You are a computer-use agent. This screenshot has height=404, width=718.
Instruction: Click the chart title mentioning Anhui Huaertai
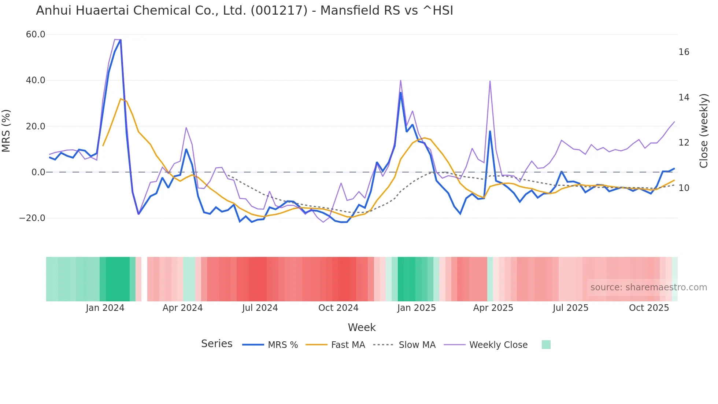click(x=244, y=11)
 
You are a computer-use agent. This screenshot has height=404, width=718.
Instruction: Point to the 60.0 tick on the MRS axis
click(x=36, y=34)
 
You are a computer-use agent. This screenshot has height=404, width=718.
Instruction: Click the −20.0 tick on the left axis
click(x=32, y=218)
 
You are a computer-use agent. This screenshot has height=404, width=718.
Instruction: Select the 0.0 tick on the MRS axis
click(x=38, y=172)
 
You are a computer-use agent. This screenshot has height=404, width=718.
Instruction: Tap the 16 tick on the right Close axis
click(x=684, y=52)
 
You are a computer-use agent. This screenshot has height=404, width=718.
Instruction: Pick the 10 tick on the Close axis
click(x=684, y=188)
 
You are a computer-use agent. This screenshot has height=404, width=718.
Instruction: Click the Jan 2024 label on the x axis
click(x=105, y=308)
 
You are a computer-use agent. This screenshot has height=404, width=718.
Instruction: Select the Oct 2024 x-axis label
click(x=338, y=308)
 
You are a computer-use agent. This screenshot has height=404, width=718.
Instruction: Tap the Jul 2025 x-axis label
click(x=570, y=308)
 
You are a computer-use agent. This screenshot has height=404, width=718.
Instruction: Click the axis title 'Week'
click(x=362, y=327)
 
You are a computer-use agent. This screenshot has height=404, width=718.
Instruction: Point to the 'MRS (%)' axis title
click(x=6, y=131)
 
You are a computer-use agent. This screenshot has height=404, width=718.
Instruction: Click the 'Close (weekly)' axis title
click(x=704, y=131)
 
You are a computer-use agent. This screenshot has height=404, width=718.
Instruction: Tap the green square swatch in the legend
click(x=546, y=345)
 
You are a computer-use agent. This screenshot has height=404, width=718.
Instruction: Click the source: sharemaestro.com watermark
click(x=648, y=287)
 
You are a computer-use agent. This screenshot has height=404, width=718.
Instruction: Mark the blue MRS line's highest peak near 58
click(x=121, y=40)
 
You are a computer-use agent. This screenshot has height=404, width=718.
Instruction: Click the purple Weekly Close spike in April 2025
click(x=490, y=81)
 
